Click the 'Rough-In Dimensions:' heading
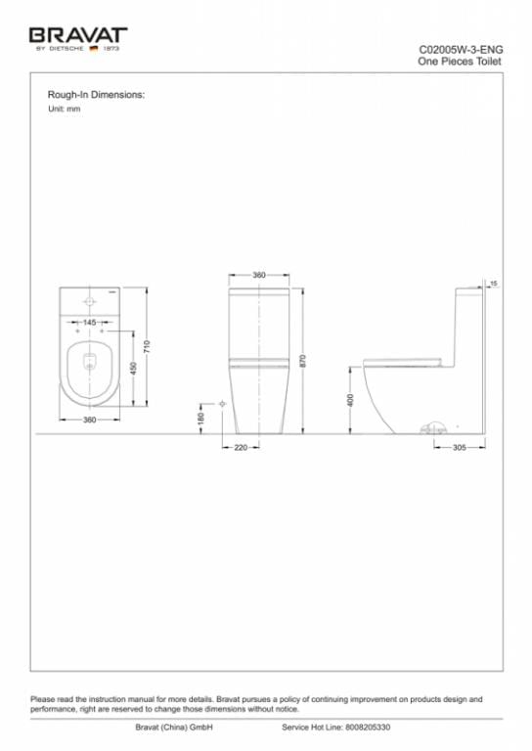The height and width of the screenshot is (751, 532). (x=96, y=95)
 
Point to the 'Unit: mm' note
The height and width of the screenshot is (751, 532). (x=64, y=109)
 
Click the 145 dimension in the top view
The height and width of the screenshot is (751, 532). (x=89, y=322)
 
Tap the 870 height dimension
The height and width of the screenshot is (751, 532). (x=303, y=360)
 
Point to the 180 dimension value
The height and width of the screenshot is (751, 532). (x=200, y=418)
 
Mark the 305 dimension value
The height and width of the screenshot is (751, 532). (x=459, y=448)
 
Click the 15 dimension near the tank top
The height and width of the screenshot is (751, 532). (x=495, y=283)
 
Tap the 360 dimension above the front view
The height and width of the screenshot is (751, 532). (x=259, y=276)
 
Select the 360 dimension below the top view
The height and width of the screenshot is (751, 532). (x=89, y=420)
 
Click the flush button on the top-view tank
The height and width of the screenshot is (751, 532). (x=89, y=300)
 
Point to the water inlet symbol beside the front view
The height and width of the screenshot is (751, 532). (x=223, y=403)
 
